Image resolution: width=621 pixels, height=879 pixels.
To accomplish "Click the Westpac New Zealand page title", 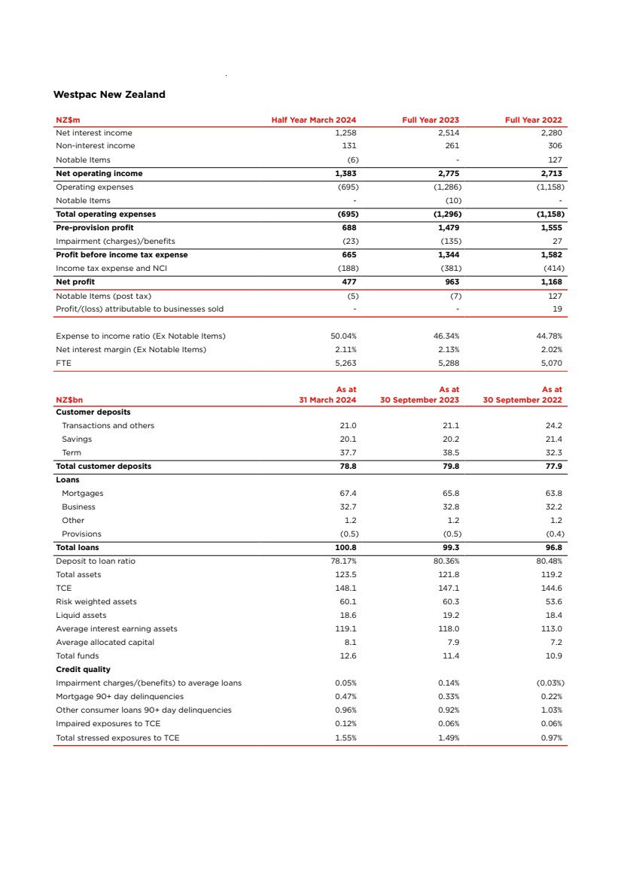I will pos(109,95).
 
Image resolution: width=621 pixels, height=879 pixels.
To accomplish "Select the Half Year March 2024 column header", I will pos(314,120).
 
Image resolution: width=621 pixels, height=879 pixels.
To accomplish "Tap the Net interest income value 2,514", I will pos(449,132).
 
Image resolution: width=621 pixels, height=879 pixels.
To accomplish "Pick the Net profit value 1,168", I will pos(552,281).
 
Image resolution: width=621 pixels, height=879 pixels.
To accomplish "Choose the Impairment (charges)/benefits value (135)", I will pos(451,241).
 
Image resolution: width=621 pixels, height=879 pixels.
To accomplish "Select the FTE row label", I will pos(63,363).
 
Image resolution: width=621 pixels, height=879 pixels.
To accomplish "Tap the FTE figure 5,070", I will pos(552,363).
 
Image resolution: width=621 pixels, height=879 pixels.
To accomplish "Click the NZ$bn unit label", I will pos(69,400).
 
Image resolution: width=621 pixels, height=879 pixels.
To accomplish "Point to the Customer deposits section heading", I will pos(93,412).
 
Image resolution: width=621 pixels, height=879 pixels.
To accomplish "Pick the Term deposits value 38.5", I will pos(450,452).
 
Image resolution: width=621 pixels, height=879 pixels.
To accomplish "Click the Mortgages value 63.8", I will pos(555,493).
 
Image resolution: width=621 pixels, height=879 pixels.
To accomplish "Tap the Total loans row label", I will pos(78,547).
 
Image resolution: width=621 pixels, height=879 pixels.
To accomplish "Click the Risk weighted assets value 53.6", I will pos(555,601).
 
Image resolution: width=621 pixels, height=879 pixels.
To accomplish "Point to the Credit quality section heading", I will pos(83,669).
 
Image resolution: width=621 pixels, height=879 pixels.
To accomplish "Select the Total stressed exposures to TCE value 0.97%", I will pos(552,738).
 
